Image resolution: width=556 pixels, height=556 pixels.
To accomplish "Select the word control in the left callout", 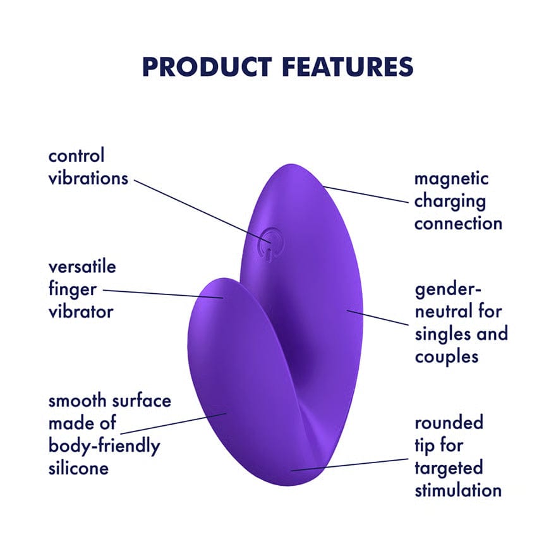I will [x=76, y=155].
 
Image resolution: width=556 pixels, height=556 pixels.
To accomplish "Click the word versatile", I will [x=82, y=267].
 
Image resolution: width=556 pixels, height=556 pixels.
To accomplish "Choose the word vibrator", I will [x=81, y=311].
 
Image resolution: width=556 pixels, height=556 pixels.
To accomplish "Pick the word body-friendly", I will [x=104, y=445].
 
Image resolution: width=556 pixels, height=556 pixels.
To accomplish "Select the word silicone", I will [x=78, y=468].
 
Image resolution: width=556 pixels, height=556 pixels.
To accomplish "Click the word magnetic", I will [x=451, y=178].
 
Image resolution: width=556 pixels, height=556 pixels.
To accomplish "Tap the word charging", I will [x=450, y=201].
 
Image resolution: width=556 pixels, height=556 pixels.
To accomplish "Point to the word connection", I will [x=458, y=223].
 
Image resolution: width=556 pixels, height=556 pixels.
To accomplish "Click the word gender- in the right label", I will [x=448, y=289].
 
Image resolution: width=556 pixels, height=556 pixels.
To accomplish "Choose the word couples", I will [x=447, y=356].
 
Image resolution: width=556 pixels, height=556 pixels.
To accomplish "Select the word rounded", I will [x=449, y=423].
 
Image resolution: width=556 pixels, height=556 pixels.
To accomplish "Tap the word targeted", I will [x=449, y=468].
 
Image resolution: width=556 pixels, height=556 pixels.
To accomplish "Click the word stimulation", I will [x=458, y=490].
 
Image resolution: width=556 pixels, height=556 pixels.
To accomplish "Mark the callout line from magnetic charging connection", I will [x=366, y=195].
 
